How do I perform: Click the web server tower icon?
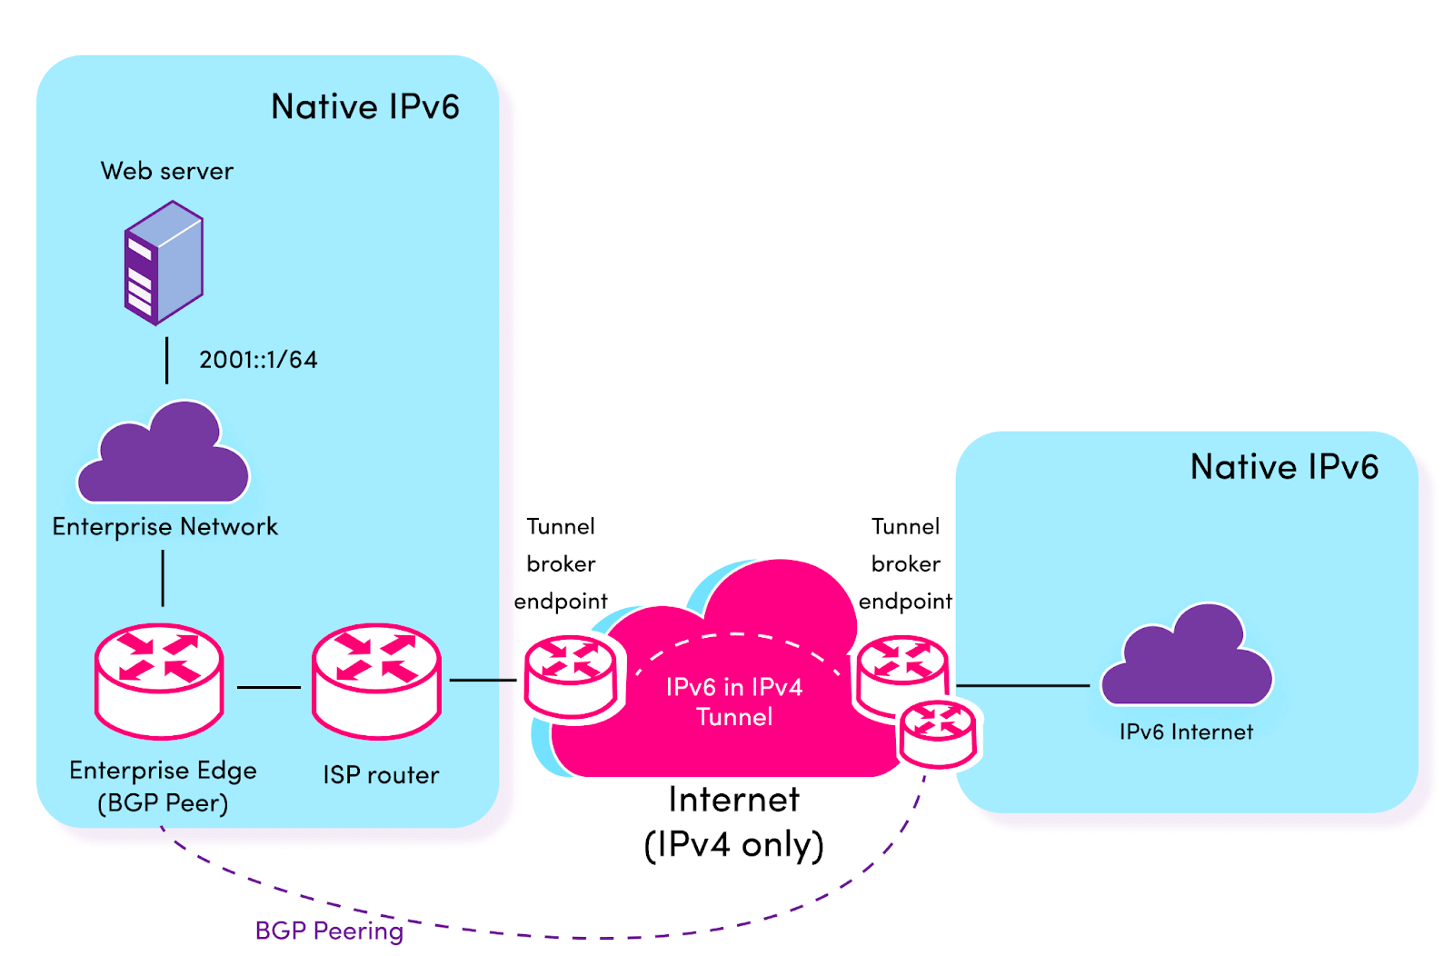click(164, 263)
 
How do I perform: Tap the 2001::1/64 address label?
click(258, 360)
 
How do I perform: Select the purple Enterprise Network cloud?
click(164, 459)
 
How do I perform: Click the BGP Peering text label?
click(329, 931)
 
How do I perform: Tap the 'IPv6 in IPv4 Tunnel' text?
click(734, 702)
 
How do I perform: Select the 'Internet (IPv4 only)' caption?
click(734, 822)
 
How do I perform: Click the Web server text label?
click(167, 171)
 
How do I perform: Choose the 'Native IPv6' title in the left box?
click(365, 107)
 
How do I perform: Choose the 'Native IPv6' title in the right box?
click(1284, 467)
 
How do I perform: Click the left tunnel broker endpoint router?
click(571, 677)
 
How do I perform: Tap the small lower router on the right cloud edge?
click(938, 734)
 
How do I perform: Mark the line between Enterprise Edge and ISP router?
click(269, 687)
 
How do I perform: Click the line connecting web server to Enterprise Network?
click(166, 361)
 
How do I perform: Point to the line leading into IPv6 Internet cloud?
click(1022, 685)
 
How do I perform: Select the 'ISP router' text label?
click(381, 775)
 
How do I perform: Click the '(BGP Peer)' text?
click(163, 803)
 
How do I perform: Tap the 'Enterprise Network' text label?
click(164, 527)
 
